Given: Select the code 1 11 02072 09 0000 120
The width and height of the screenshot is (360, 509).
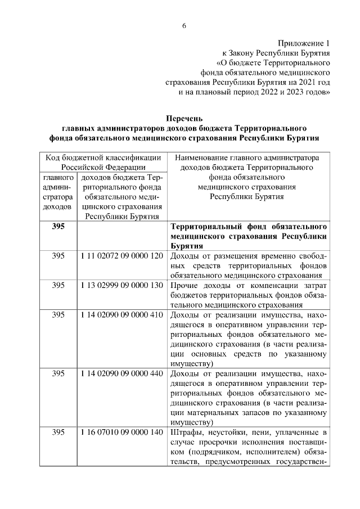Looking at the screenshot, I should (x=121, y=256).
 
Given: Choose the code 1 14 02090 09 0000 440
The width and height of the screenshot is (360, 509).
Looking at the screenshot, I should (x=121, y=373).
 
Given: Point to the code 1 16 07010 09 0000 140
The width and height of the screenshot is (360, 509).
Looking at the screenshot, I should (x=121, y=432).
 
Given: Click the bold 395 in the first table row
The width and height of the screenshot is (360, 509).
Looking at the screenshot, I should (x=58, y=227).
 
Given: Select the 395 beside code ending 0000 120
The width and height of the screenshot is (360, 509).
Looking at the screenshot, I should (x=58, y=256).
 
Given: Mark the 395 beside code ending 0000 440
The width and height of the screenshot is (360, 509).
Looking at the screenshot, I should (x=58, y=373).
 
